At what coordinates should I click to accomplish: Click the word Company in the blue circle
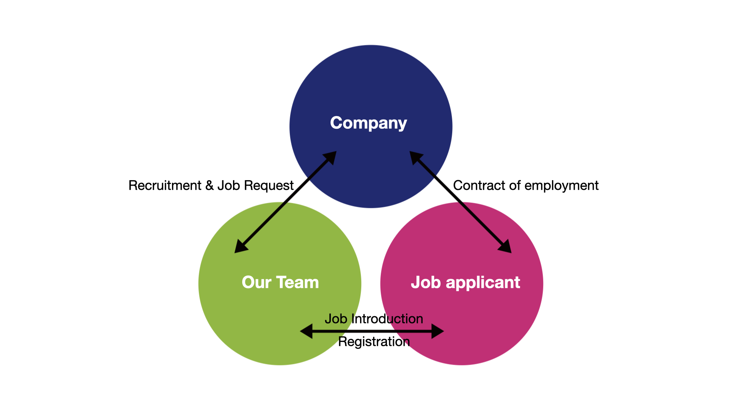(368, 123)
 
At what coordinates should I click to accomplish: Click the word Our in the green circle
(256, 282)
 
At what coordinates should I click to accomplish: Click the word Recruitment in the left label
(165, 186)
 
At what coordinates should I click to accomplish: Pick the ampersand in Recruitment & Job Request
(209, 186)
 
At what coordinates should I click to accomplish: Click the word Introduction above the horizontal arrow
(387, 319)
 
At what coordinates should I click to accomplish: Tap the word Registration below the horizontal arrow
(374, 342)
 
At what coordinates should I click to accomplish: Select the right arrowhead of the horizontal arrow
(437, 331)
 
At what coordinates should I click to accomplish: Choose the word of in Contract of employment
(514, 186)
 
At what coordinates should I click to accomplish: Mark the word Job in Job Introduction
(335, 319)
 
